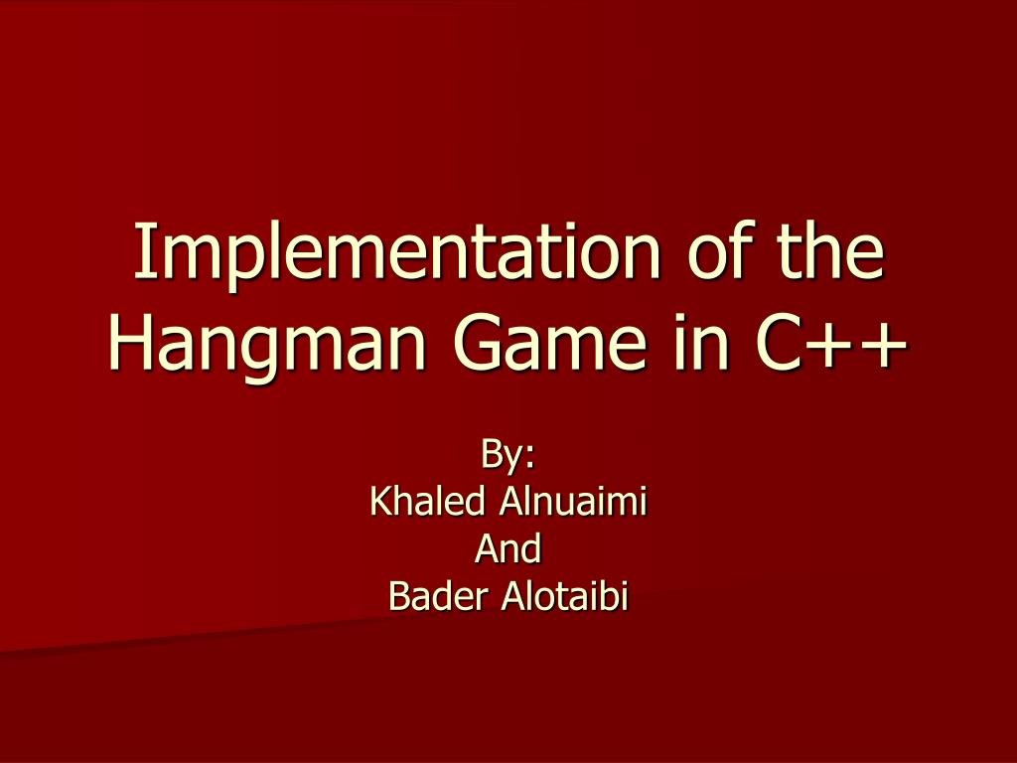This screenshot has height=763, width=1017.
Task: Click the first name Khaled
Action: point(427,501)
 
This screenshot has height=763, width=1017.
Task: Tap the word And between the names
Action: point(508,547)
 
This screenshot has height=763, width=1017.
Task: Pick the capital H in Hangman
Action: point(126,344)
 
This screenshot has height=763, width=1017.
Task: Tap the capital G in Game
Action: point(479,344)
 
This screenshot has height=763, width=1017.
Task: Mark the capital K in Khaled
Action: point(379,501)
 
